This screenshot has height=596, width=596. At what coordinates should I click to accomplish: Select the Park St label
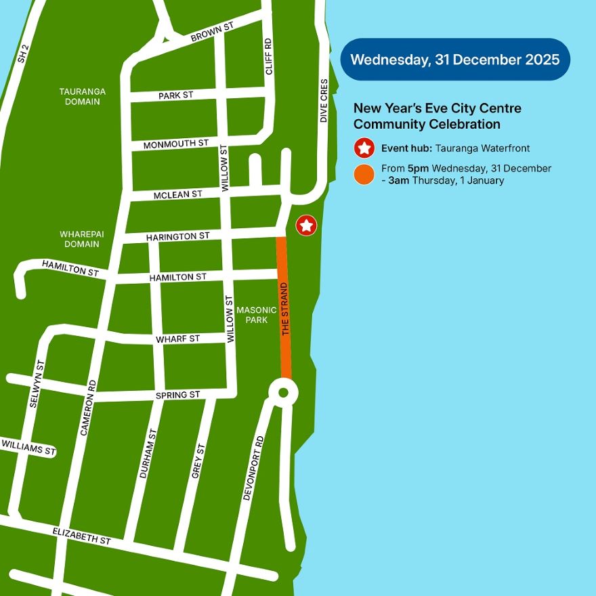[x=176, y=95]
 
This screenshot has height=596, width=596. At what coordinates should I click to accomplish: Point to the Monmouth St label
[x=176, y=144]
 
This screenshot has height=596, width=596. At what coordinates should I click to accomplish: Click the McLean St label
[x=178, y=194]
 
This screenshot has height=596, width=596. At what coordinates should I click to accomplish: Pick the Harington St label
[x=178, y=236]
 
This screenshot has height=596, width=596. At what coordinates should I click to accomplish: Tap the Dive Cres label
[x=324, y=101]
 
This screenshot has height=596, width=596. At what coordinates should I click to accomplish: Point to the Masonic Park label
[x=252, y=315]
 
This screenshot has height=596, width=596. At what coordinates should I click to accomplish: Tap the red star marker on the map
[x=306, y=225]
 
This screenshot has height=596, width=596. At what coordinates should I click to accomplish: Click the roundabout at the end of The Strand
[x=282, y=391]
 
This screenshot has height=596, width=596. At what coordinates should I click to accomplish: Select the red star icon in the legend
[x=364, y=148]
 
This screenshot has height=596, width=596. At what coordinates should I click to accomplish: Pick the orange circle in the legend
[x=364, y=175]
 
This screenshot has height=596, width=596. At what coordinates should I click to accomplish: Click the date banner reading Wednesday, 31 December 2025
[x=455, y=60]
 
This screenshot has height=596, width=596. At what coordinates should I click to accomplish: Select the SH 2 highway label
[x=23, y=54]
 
